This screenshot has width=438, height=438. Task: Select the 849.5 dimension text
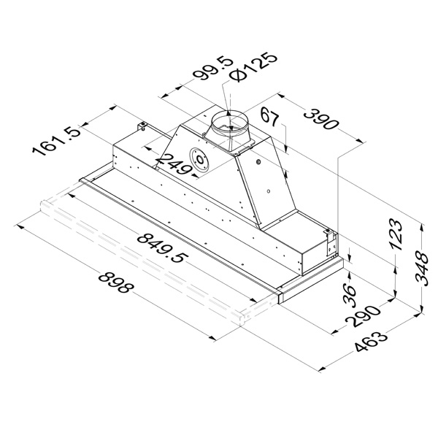pyautogui.click(x=161, y=248)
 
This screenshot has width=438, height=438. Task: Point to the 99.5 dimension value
pyautogui.click(x=213, y=69)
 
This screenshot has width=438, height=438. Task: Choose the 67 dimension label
pyautogui.click(x=270, y=117)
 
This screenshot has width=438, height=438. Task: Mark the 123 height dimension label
pyautogui.click(x=396, y=234)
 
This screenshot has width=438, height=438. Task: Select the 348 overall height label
pyautogui.click(x=422, y=269)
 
